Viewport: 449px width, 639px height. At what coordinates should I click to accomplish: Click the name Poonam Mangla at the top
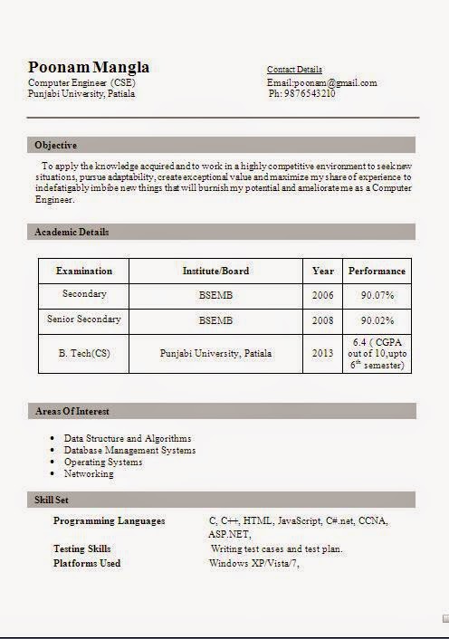pos(89,67)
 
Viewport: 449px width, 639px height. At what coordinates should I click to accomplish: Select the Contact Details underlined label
pos(294,70)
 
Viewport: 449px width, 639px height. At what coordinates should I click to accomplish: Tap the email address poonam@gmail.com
pos(321,82)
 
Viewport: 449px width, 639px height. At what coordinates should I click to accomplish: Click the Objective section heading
pos(55,145)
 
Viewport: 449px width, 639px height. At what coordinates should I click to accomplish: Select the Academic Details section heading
pos(72,232)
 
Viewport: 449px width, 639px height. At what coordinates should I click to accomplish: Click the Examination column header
pos(84,271)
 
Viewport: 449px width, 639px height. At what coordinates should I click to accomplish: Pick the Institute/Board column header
pos(215,271)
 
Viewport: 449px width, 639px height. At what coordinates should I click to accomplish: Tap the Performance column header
pos(377,271)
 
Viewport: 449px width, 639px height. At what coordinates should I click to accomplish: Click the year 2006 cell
pos(323,295)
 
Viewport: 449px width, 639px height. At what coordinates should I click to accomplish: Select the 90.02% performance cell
pos(377,320)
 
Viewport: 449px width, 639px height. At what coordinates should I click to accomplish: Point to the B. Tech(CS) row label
pos(84,354)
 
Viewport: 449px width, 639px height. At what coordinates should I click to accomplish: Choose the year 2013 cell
pos(323,354)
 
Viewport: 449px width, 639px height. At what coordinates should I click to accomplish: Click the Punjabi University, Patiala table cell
pos(215,354)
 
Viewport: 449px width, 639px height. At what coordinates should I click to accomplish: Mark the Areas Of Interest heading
pos(72,411)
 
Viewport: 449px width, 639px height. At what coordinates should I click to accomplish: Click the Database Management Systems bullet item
pos(129,450)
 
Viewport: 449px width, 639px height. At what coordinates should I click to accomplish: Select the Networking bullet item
pos(89,473)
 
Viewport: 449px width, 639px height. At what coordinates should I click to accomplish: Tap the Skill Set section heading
pos(53,500)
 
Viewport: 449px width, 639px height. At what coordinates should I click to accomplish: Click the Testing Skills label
pos(82,548)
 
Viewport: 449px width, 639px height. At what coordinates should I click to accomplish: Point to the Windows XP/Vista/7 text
pos(253,563)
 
